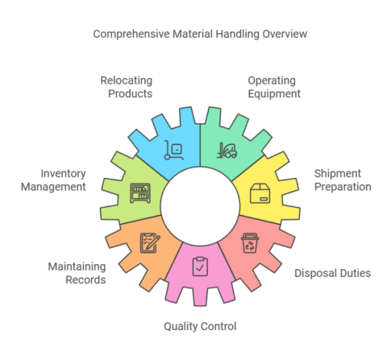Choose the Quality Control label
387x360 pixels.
199,326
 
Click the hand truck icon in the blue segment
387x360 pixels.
173,148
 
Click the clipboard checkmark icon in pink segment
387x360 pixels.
199,263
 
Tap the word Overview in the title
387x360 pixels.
283,35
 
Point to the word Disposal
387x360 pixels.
312,273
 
